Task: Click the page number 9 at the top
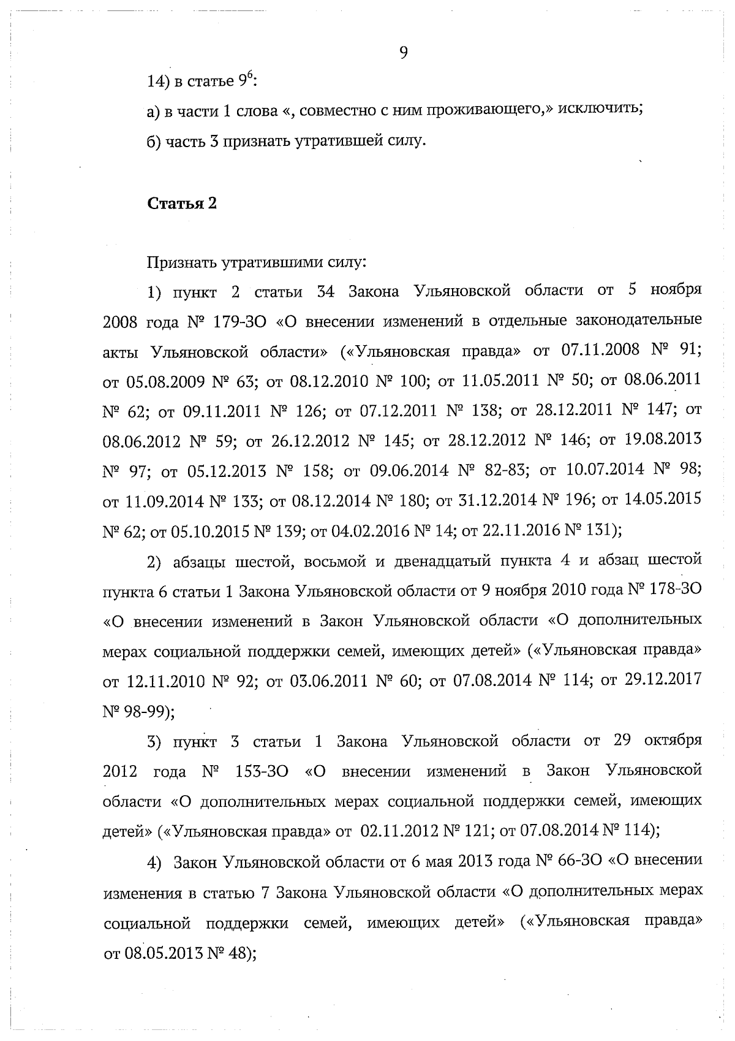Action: click(x=403, y=53)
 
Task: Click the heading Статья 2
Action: click(x=182, y=204)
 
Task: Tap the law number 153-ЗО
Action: click(x=262, y=771)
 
